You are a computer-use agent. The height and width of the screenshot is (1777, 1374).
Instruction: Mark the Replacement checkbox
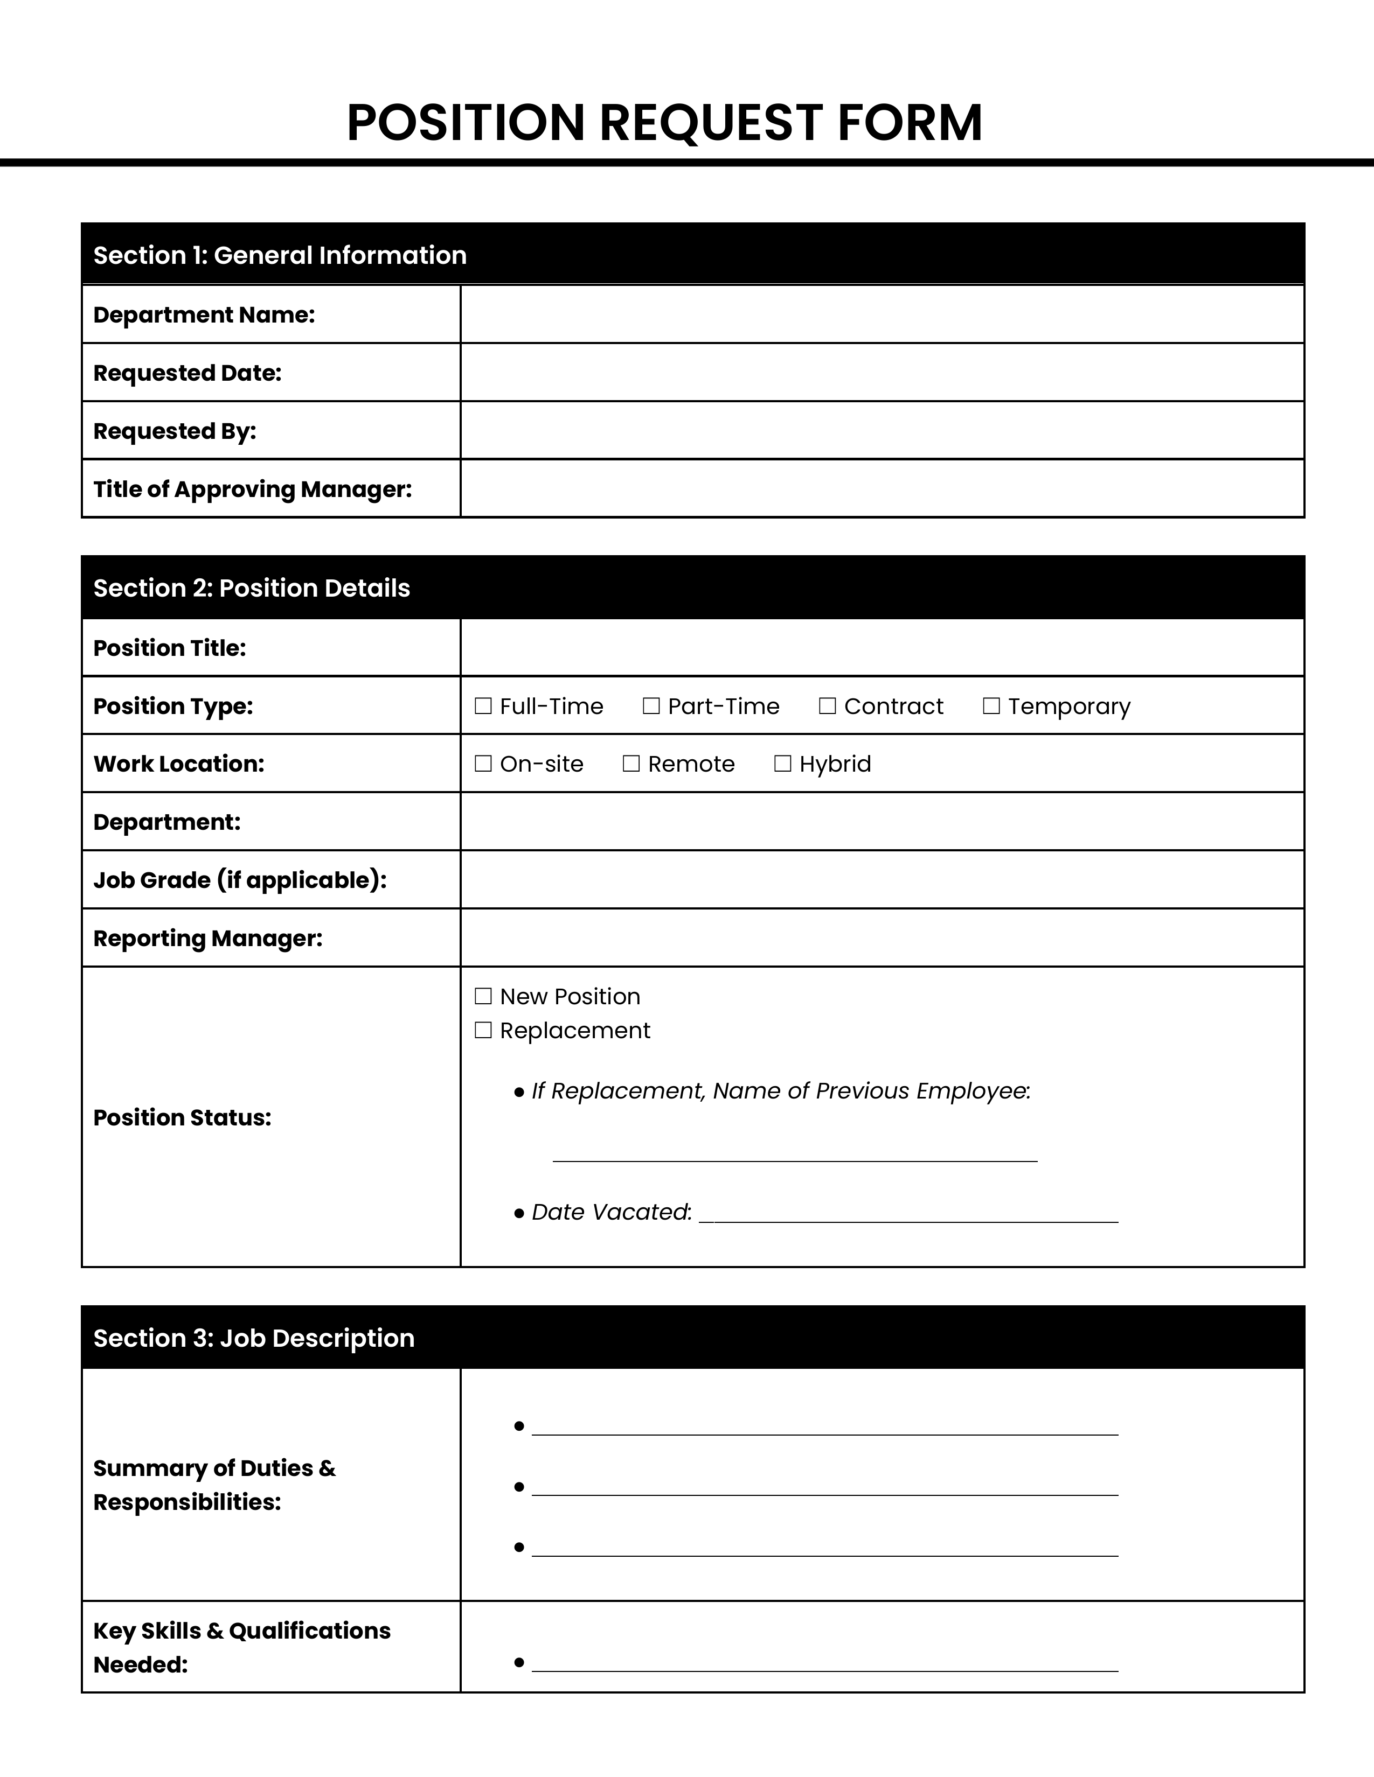483,1031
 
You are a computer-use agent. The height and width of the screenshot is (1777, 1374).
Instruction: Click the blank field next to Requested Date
882,373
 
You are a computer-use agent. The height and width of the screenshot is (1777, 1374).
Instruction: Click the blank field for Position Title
882,648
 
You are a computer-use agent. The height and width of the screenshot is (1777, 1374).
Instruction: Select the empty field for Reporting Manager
882,938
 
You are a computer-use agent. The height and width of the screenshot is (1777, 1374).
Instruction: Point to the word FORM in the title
909,123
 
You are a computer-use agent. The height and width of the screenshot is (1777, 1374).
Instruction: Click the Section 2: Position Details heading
252,588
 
